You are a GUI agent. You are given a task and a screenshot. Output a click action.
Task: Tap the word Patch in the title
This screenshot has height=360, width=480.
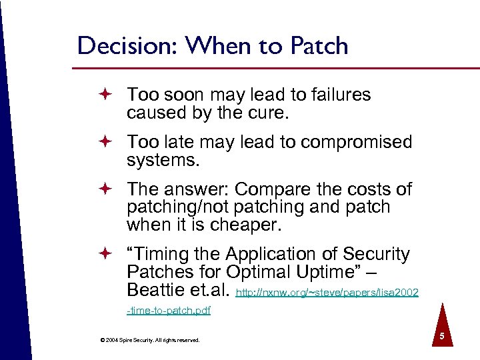pyautogui.click(x=319, y=46)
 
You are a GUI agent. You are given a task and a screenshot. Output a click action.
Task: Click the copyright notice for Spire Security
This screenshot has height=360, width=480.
pyautogui.click(x=149, y=340)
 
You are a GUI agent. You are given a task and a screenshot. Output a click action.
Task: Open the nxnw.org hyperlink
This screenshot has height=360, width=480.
pyautogui.click(x=327, y=292)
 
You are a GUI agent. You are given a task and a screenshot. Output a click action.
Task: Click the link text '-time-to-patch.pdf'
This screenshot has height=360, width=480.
pyautogui.click(x=169, y=311)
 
